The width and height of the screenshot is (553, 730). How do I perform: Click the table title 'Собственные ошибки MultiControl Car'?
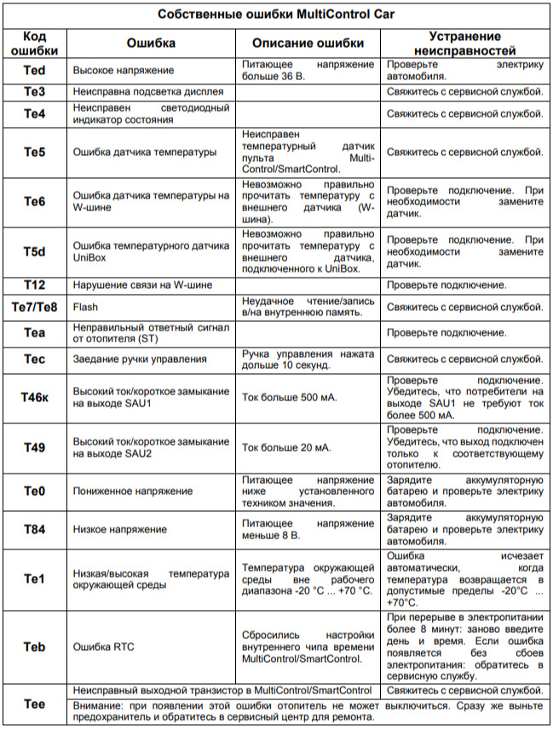tap(276, 14)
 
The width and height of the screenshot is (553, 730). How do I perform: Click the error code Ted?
tap(34, 70)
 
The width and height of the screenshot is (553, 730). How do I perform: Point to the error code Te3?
tap(34, 91)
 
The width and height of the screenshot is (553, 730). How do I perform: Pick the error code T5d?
tap(34, 251)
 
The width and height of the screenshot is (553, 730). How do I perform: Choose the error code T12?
tap(34, 285)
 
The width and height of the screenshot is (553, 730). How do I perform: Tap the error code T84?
tap(34, 529)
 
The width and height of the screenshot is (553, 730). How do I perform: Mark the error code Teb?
tap(34, 647)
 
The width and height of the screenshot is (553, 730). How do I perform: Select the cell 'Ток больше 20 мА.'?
tap(285, 446)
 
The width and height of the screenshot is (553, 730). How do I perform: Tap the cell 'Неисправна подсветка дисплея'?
tap(148, 91)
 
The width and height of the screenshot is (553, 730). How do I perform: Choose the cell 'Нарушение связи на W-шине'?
tap(142, 285)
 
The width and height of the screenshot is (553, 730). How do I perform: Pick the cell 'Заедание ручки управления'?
tap(140, 359)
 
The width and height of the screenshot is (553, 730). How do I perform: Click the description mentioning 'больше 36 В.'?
tap(308, 70)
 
